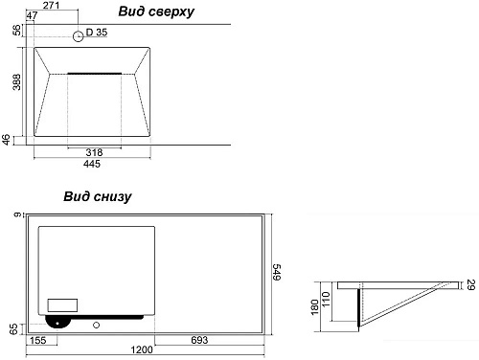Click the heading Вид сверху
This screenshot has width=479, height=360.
coord(156,12)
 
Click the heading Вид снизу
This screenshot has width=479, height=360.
coord(98,196)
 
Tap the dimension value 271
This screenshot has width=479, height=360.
coord(51,5)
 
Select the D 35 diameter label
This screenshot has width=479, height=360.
coord(97,33)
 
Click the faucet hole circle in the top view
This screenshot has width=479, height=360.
coord(79,36)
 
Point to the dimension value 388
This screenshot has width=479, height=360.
coord(16,81)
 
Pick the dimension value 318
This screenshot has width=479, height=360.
coord(94,152)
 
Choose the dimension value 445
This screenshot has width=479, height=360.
coord(92,164)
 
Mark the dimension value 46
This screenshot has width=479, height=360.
coord(7,140)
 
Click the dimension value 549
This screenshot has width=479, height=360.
coord(277,272)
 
